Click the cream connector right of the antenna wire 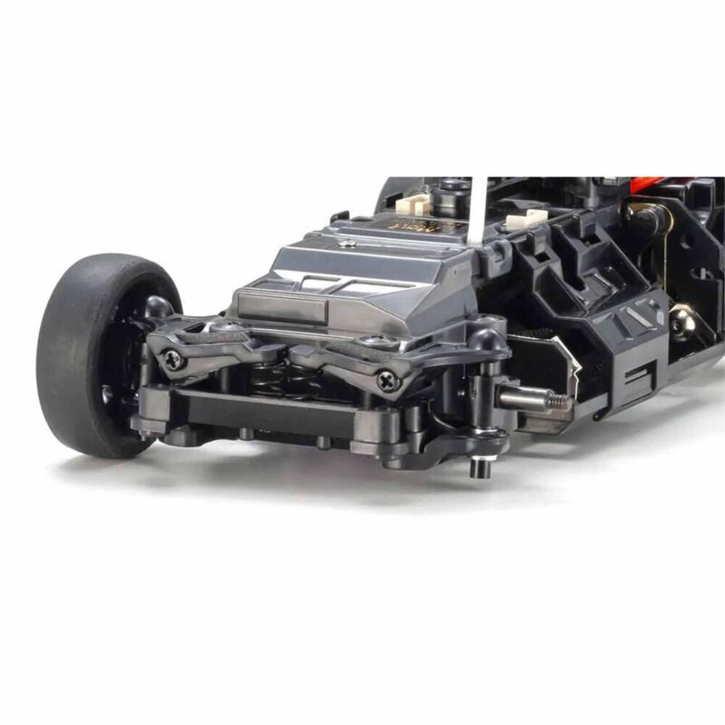coord(526,218)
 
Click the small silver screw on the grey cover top coord(351,244)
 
